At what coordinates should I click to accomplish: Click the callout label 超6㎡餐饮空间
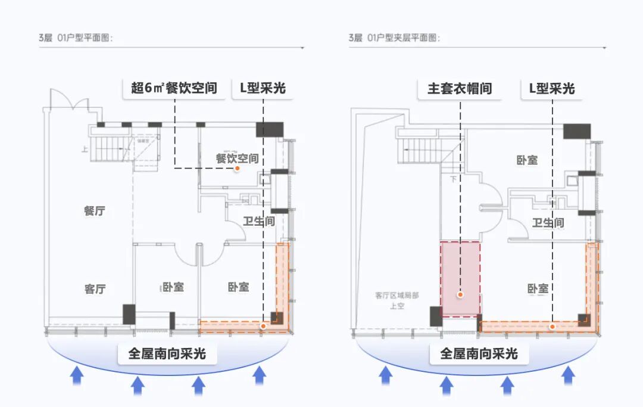[174, 88]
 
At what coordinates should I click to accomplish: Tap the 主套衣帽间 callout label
[460, 88]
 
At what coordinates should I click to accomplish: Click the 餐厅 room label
[95, 211]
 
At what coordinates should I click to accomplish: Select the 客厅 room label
[95, 290]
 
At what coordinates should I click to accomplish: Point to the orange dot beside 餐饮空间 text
[237, 169]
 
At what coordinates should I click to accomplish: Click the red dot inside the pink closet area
[460, 294]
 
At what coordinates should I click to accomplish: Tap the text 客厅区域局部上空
[397, 300]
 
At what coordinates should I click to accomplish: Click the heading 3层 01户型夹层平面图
[394, 38]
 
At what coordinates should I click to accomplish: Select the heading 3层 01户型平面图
[76, 38]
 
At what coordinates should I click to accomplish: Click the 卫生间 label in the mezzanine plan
[548, 223]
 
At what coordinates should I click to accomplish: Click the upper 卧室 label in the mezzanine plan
[527, 160]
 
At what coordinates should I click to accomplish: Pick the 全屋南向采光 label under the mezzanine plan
[479, 353]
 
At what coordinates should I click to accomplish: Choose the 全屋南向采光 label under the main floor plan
[167, 353]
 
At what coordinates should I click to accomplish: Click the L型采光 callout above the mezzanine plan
[552, 88]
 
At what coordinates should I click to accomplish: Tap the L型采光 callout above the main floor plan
[263, 88]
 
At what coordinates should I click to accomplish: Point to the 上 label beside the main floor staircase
[86, 150]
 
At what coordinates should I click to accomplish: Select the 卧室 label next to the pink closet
[537, 289]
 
